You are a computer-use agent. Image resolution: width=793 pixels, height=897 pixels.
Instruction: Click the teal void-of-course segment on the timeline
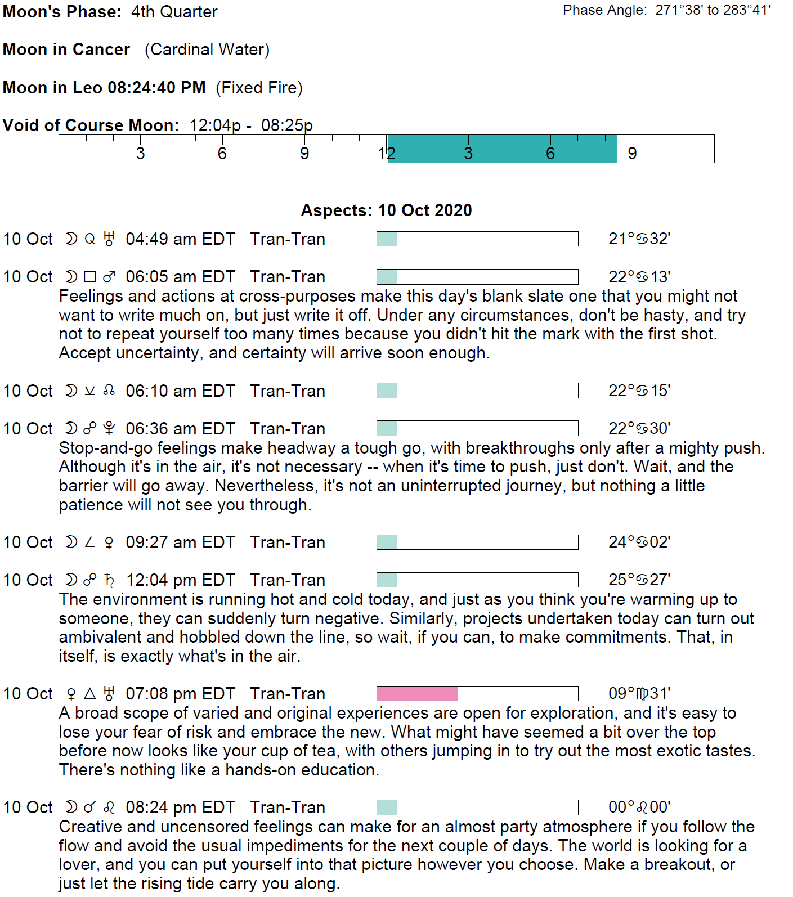[502, 149]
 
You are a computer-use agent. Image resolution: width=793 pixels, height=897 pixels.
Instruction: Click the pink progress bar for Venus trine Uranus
[417, 693]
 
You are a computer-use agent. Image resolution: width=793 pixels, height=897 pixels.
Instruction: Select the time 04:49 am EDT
[180, 239]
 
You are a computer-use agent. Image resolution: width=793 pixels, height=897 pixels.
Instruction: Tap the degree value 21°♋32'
[639, 239]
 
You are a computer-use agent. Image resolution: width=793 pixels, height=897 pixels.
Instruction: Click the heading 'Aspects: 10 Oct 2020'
[386, 210]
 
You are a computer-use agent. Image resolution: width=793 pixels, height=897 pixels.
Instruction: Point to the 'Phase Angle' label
[604, 10]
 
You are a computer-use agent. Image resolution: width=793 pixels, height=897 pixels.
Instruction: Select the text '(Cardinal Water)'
[207, 50]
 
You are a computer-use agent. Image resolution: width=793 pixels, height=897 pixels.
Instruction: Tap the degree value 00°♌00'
[639, 808]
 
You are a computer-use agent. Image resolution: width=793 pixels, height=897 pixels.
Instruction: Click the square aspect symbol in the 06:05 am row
[89, 277]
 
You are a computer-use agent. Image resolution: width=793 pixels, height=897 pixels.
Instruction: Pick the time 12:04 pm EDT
[180, 580]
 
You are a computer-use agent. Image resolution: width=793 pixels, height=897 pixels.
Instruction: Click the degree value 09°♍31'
[639, 693]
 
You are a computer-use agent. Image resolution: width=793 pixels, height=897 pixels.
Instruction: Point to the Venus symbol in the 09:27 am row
[109, 542]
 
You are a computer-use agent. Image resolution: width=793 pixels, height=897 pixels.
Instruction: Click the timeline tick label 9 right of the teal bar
[632, 154]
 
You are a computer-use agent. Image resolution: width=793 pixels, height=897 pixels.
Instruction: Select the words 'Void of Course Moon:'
[91, 125]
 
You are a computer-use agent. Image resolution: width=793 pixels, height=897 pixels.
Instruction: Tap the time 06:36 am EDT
[180, 429]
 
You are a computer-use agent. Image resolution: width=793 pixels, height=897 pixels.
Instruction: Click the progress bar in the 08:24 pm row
[477, 808]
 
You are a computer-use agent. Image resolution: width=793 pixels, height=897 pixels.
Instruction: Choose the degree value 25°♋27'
[639, 580]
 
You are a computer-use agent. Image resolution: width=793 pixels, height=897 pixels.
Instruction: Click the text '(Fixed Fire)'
[259, 88]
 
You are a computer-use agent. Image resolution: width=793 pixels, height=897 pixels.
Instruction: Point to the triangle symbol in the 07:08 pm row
[89, 693]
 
